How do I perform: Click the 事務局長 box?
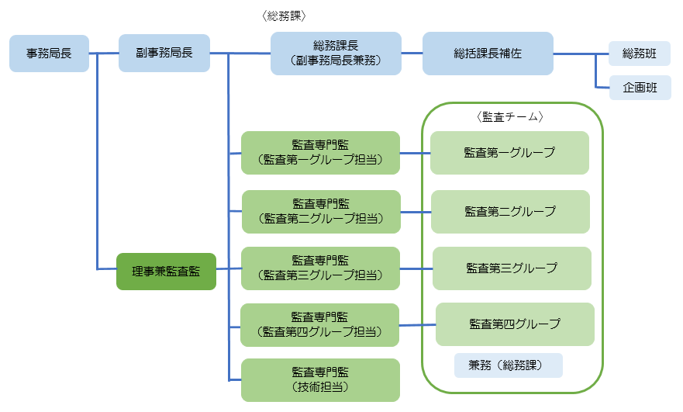[x=50, y=54]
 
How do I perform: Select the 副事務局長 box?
[x=164, y=54]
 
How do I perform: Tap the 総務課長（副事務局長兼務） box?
[x=336, y=54]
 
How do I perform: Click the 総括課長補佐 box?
[x=488, y=54]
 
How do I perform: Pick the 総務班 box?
[x=640, y=54]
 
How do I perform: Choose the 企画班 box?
[x=640, y=88]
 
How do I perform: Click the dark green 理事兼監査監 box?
[x=166, y=272]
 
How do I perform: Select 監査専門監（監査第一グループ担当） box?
[x=320, y=153]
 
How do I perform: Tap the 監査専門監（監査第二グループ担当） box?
[x=321, y=211]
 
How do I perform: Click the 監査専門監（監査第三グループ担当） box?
[x=320, y=268]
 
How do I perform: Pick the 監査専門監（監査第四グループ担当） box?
[x=319, y=324]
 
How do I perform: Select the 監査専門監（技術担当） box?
[x=320, y=379]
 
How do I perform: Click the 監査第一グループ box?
[x=509, y=153]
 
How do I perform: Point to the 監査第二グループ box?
[x=510, y=211]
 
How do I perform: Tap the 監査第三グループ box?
[x=512, y=268]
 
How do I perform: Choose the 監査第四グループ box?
[x=515, y=324]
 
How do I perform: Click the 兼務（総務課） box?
[x=508, y=365]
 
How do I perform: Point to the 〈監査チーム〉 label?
[x=512, y=117]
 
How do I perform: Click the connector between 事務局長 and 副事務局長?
[x=105, y=54]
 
